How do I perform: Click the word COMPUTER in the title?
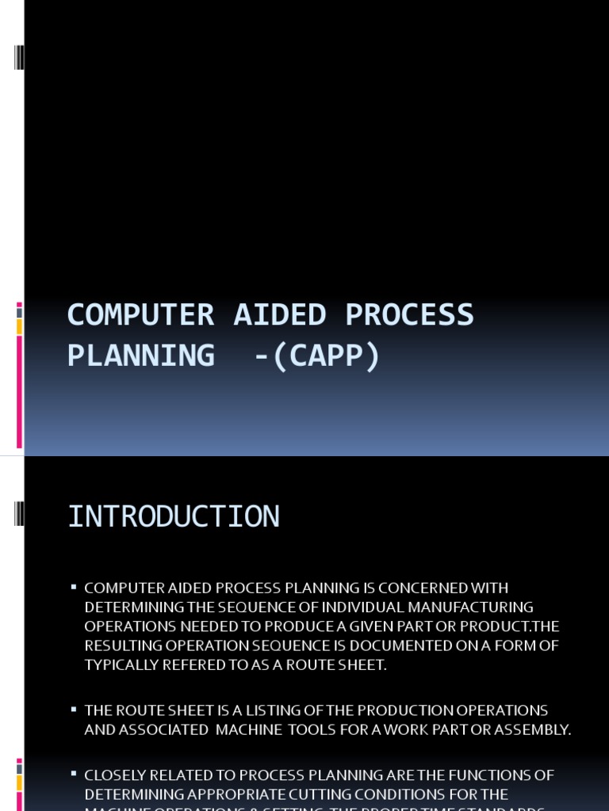click(x=140, y=315)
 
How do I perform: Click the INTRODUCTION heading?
click(x=174, y=517)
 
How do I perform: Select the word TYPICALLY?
click(x=121, y=665)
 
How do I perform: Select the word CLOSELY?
click(x=116, y=775)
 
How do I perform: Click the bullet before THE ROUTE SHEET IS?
click(x=73, y=709)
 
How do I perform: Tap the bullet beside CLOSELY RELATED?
click(x=73, y=773)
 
